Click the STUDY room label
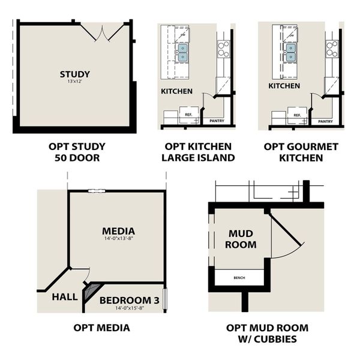coord(75,74)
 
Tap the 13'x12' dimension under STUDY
coord(75,82)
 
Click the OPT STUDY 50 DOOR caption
coord(77,152)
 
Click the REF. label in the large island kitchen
coord(188,114)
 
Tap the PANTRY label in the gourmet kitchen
coord(326,121)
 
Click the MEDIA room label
coord(118,231)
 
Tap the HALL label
coord(64,296)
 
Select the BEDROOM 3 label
coord(130,300)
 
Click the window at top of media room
coord(95,191)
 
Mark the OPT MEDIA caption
coord(102,328)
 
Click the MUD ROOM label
coord(242,239)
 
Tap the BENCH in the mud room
coord(240,278)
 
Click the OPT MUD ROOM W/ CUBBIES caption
coord(268,333)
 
